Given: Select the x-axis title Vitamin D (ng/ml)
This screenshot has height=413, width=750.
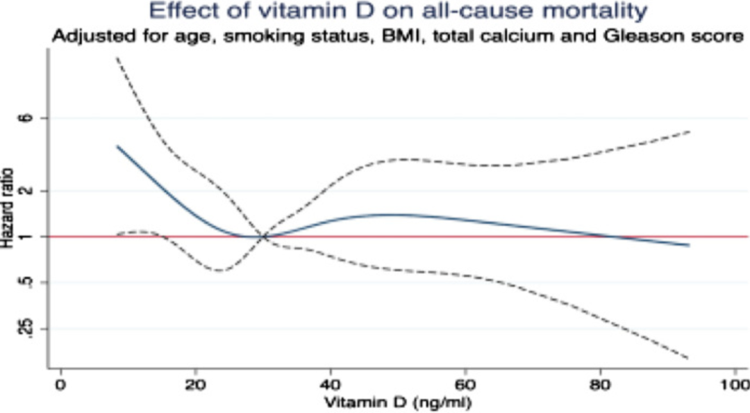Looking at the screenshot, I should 397,402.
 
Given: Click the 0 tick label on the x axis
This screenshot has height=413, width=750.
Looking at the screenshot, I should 61,384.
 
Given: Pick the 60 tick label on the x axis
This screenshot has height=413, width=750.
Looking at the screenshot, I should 465,384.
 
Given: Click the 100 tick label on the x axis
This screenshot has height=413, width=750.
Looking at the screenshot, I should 733,384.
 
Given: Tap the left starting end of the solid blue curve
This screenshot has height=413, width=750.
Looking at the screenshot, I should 117,146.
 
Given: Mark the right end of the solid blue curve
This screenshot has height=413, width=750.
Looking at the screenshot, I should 689,245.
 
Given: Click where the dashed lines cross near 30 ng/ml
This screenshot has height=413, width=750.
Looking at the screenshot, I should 264,236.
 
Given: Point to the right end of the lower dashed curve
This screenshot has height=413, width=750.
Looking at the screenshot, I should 689,358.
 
